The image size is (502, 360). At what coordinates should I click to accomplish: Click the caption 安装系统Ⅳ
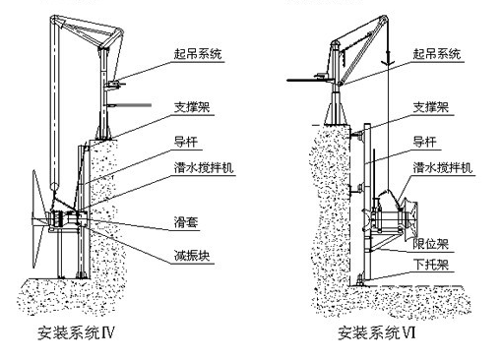(76, 332)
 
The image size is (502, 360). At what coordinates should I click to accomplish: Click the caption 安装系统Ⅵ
(376, 332)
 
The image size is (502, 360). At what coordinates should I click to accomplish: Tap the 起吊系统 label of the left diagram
(198, 53)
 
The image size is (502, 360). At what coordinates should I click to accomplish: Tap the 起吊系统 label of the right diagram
(437, 53)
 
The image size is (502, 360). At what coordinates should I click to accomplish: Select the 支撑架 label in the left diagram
(192, 107)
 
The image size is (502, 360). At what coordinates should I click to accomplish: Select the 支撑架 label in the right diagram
(431, 107)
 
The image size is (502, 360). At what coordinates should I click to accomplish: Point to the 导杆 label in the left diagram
(186, 142)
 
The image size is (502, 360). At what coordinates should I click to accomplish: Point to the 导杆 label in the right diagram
(425, 142)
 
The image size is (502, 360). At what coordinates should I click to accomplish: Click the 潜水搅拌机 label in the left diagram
(204, 167)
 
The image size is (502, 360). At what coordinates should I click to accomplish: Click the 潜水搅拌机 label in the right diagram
(443, 167)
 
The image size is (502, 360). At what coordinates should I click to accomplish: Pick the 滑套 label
(186, 222)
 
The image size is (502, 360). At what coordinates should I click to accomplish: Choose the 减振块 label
(192, 256)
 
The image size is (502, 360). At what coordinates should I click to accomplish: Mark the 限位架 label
(431, 244)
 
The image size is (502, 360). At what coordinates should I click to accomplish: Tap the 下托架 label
(431, 265)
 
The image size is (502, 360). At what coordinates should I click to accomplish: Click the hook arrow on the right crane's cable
(388, 59)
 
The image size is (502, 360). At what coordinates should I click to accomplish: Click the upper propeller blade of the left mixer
(39, 194)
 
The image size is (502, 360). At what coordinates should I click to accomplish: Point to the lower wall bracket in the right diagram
(357, 189)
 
